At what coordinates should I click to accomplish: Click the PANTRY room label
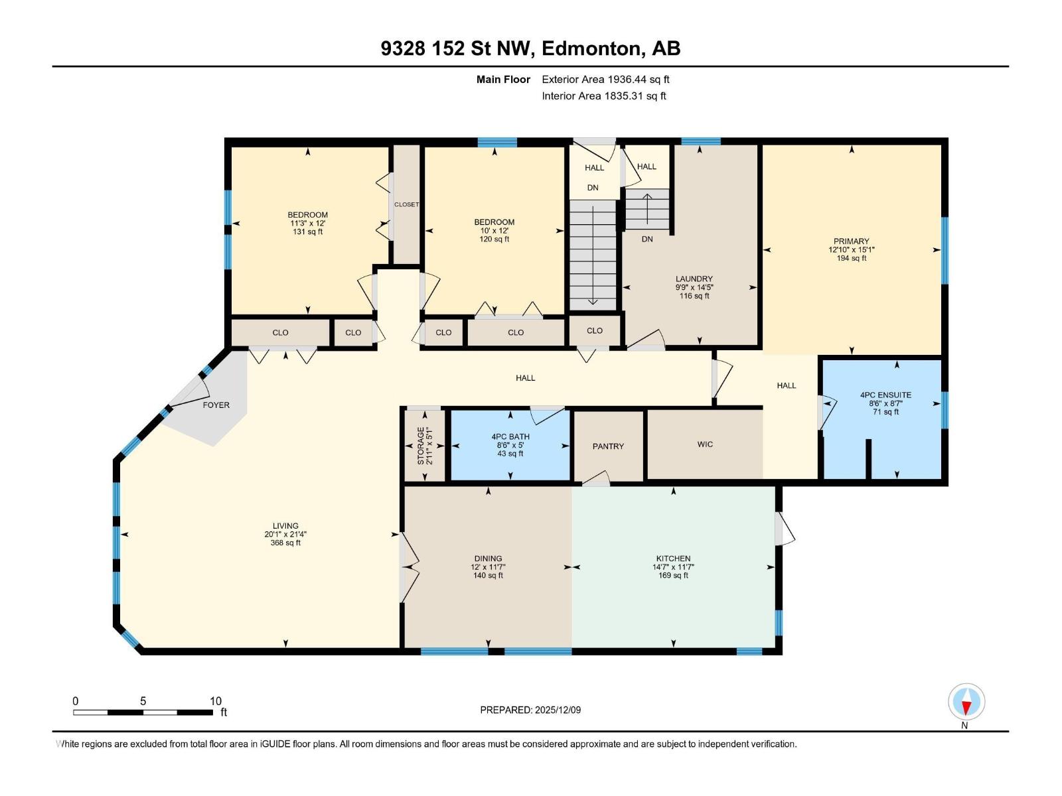click(x=608, y=446)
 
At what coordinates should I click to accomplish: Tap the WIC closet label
click(x=705, y=444)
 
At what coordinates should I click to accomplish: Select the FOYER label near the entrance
click(x=216, y=405)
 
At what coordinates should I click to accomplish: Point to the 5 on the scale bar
click(x=143, y=701)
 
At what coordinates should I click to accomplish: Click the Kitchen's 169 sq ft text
click(x=673, y=576)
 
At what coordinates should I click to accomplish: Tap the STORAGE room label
click(x=421, y=445)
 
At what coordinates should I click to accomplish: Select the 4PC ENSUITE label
click(x=885, y=395)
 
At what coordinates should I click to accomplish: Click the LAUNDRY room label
click(x=694, y=279)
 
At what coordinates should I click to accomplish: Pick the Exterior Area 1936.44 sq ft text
click(x=605, y=80)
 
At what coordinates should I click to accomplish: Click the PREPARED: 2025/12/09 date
click(x=530, y=710)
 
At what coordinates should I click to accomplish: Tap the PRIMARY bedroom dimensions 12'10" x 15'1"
click(x=852, y=250)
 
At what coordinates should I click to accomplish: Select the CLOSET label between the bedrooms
click(x=406, y=204)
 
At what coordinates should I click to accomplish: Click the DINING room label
click(x=488, y=559)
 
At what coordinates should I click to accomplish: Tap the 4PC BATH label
click(x=510, y=437)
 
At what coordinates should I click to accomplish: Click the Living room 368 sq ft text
click(x=285, y=543)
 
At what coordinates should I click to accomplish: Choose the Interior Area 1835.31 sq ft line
click(x=603, y=96)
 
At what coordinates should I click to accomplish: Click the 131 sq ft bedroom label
click(x=307, y=232)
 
